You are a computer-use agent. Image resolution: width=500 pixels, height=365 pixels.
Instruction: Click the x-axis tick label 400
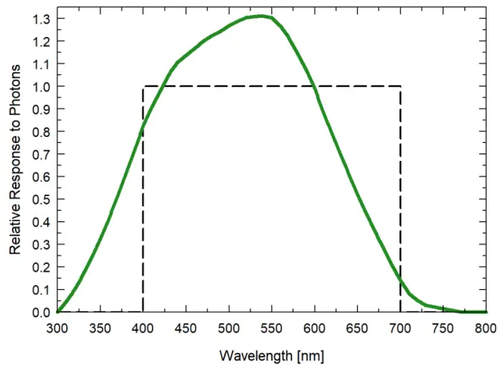tap(143, 328)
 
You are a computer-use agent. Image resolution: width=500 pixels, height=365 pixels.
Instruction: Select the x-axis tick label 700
tap(400, 328)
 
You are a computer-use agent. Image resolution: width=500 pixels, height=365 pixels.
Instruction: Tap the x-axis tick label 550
tap(272, 328)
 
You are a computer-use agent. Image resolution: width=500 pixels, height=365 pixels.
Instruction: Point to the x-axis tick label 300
tap(57, 328)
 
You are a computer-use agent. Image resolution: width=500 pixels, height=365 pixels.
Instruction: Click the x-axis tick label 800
tap(486, 328)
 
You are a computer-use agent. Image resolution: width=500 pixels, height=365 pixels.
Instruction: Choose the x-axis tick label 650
tap(358, 328)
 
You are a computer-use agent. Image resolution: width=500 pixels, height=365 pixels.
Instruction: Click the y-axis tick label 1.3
tap(42, 19)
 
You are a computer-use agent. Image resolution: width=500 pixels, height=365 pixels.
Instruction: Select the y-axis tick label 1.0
tap(42, 86)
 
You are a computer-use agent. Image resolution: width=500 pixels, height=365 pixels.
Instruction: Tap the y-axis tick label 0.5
tap(42, 200)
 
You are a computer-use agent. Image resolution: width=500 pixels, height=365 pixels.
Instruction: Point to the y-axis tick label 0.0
tap(42, 312)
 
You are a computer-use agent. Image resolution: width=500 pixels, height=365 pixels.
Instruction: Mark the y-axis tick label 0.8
tap(42, 132)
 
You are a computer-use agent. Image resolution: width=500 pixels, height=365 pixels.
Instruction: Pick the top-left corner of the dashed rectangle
tap(143, 86)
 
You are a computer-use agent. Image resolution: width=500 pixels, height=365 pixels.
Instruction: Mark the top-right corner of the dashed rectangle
tap(401, 86)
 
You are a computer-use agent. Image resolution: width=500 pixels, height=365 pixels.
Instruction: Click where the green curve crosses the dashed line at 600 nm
tap(314, 86)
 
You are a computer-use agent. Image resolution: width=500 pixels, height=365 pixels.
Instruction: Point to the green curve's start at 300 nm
tap(57, 312)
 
